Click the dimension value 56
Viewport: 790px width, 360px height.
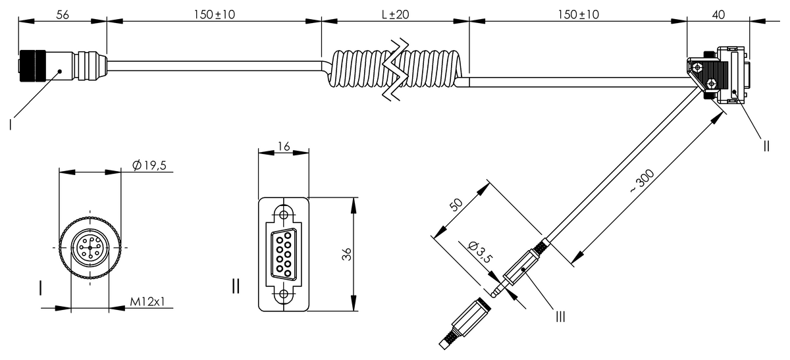coord(63,14)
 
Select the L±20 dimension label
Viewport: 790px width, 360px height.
coord(395,14)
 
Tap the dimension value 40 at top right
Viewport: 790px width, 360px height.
coord(718,14)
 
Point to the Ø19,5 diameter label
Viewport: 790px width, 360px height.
coord(148,165)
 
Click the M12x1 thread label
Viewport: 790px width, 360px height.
coord(147,301)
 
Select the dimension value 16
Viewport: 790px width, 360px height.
coord(283,146)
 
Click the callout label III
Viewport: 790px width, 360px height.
coord(560,317)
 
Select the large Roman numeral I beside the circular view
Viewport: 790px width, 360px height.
coord(41,288)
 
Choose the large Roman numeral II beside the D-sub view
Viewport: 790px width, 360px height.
coord(236,286)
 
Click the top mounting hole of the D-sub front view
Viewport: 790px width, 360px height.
coord(284,214)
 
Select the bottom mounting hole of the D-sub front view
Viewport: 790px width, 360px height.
coord(284,294)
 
